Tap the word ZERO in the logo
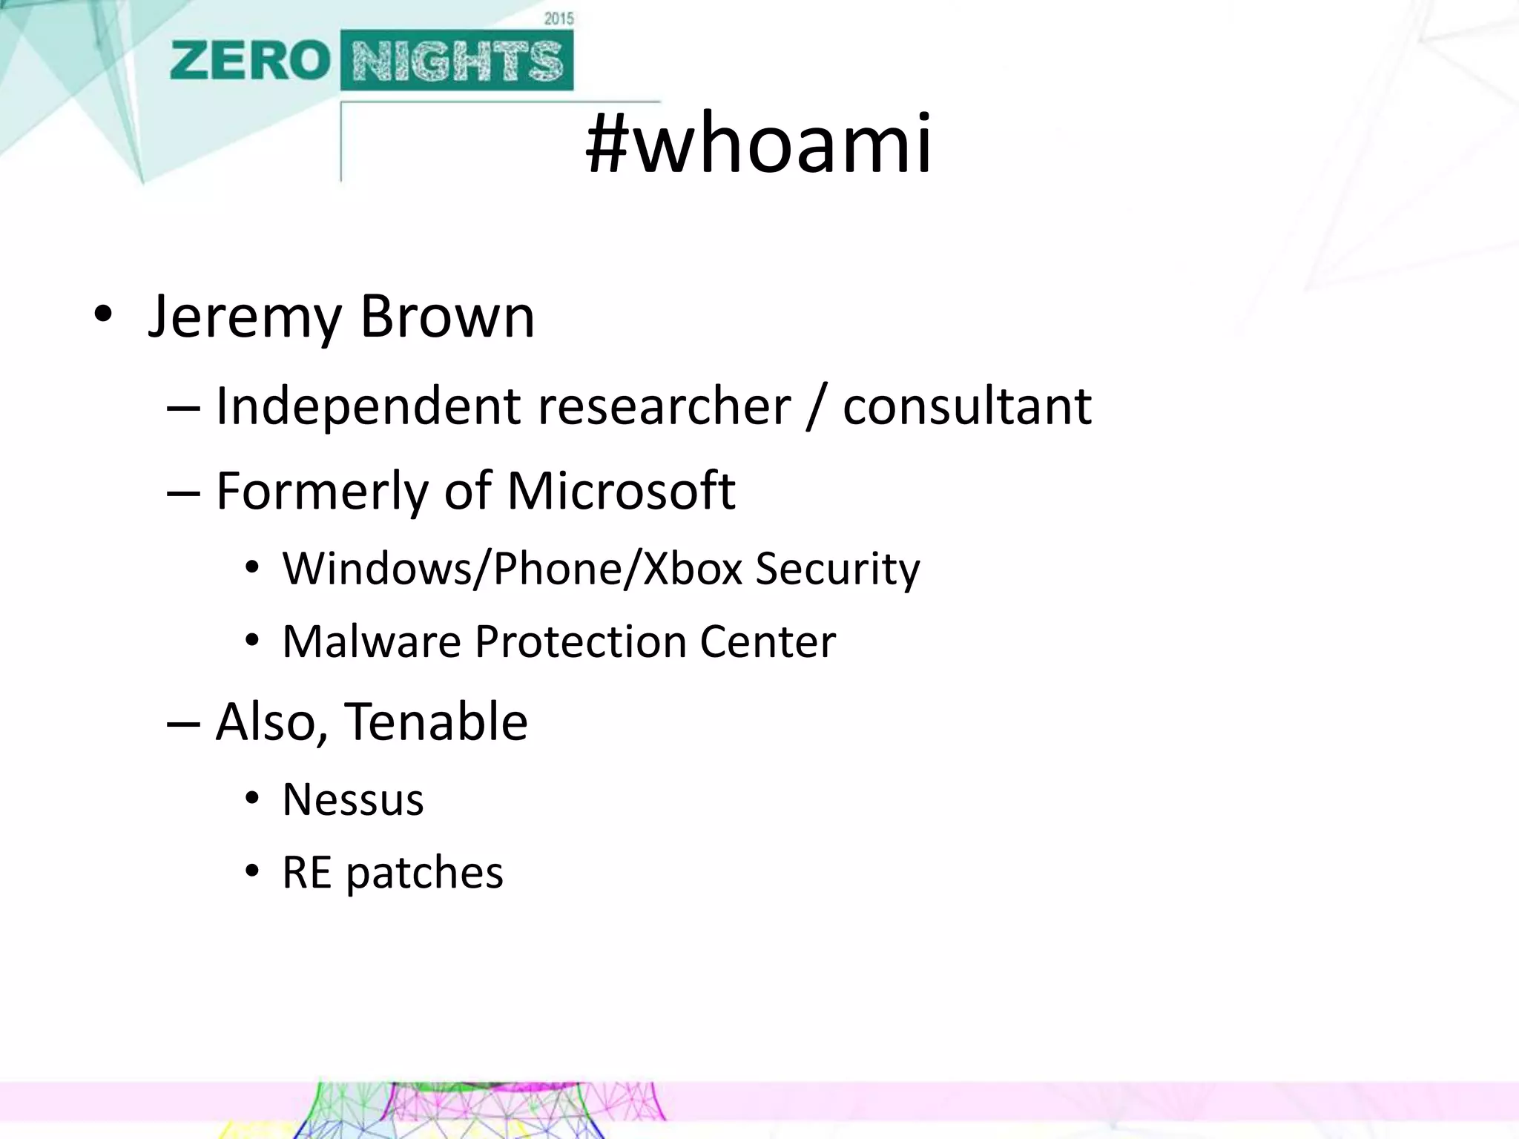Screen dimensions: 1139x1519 249,61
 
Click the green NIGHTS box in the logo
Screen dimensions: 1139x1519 457,61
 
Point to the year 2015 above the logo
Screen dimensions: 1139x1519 558,19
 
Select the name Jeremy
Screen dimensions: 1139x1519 244,317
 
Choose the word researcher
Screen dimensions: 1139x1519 664,407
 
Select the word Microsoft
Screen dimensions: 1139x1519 621,490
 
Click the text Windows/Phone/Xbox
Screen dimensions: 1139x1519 513,569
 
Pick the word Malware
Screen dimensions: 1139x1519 372,641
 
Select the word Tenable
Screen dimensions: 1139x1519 436,722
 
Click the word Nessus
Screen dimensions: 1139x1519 353,800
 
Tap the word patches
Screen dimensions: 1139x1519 424,873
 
